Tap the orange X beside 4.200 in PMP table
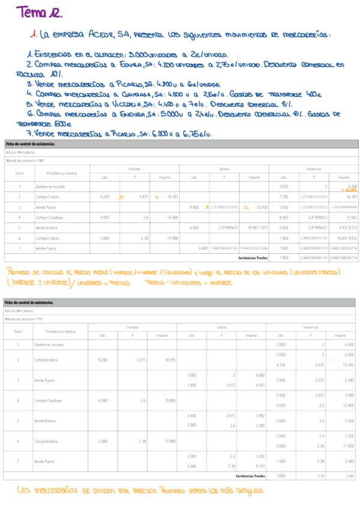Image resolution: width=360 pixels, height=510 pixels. (x=122, y=197)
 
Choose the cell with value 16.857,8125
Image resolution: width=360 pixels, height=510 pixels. (x=344, y=238)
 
